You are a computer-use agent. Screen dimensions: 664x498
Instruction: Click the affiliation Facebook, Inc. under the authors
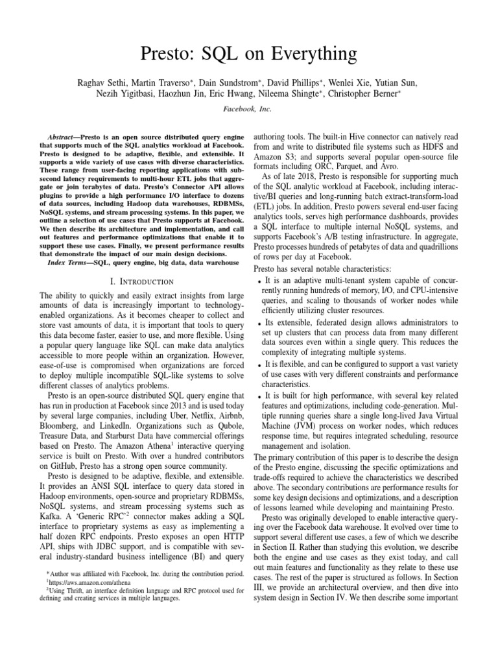tap(248, 111)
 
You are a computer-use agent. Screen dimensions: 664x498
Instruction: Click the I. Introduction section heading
tap(132, 281)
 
